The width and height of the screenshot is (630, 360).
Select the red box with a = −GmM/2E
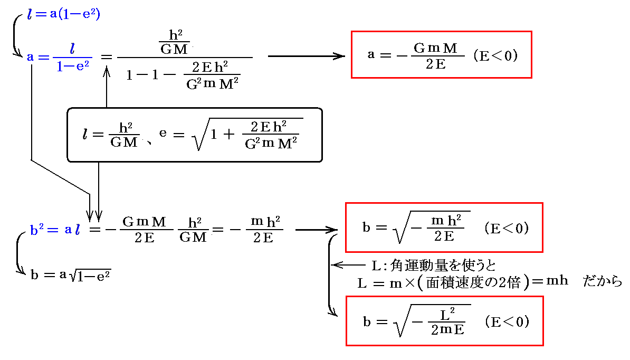click(x=441, y=54)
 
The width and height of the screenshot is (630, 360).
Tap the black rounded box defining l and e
click(x=194, y=135)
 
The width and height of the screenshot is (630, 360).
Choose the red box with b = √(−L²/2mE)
click(x=444, y=321)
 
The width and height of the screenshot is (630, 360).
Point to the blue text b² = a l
click(x=55, y=231)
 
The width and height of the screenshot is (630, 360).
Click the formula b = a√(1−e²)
click(x=70, y=275)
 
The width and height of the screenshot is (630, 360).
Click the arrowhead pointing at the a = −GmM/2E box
click(x=340, y=56)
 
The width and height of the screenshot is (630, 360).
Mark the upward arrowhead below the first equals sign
click(x=107, y=70)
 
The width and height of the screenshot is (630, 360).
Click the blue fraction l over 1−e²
click(x=72, y=56)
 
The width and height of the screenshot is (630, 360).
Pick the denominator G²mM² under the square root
click(x=270, y=143)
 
